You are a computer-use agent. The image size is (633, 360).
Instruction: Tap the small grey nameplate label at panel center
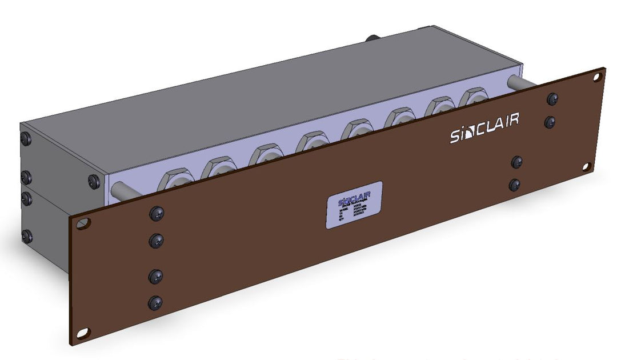pyautogui.click(x=354, y=205)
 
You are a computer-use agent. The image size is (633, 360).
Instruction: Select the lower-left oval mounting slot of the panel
pyautogui.click(x=83, y=332)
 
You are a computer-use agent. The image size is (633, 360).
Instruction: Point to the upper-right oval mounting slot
pyautogui.click(x=596, y=75)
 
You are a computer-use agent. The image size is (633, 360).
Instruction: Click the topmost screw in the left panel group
pyautogui.click(x=156, y=214)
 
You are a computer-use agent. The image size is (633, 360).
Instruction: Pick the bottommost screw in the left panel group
pyautogui.click(x=155, y=302)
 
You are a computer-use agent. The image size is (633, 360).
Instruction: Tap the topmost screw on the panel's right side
pyautogui.click(x=552, y=99)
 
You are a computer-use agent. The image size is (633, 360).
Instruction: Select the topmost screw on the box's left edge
pyautogui.click(x=26, y=138)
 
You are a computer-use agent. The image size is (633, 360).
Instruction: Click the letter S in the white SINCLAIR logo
pyautogui.click(x=455, y=138)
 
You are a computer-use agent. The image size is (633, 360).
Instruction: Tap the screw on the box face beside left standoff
pyautogui.click(x=94, y=182)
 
